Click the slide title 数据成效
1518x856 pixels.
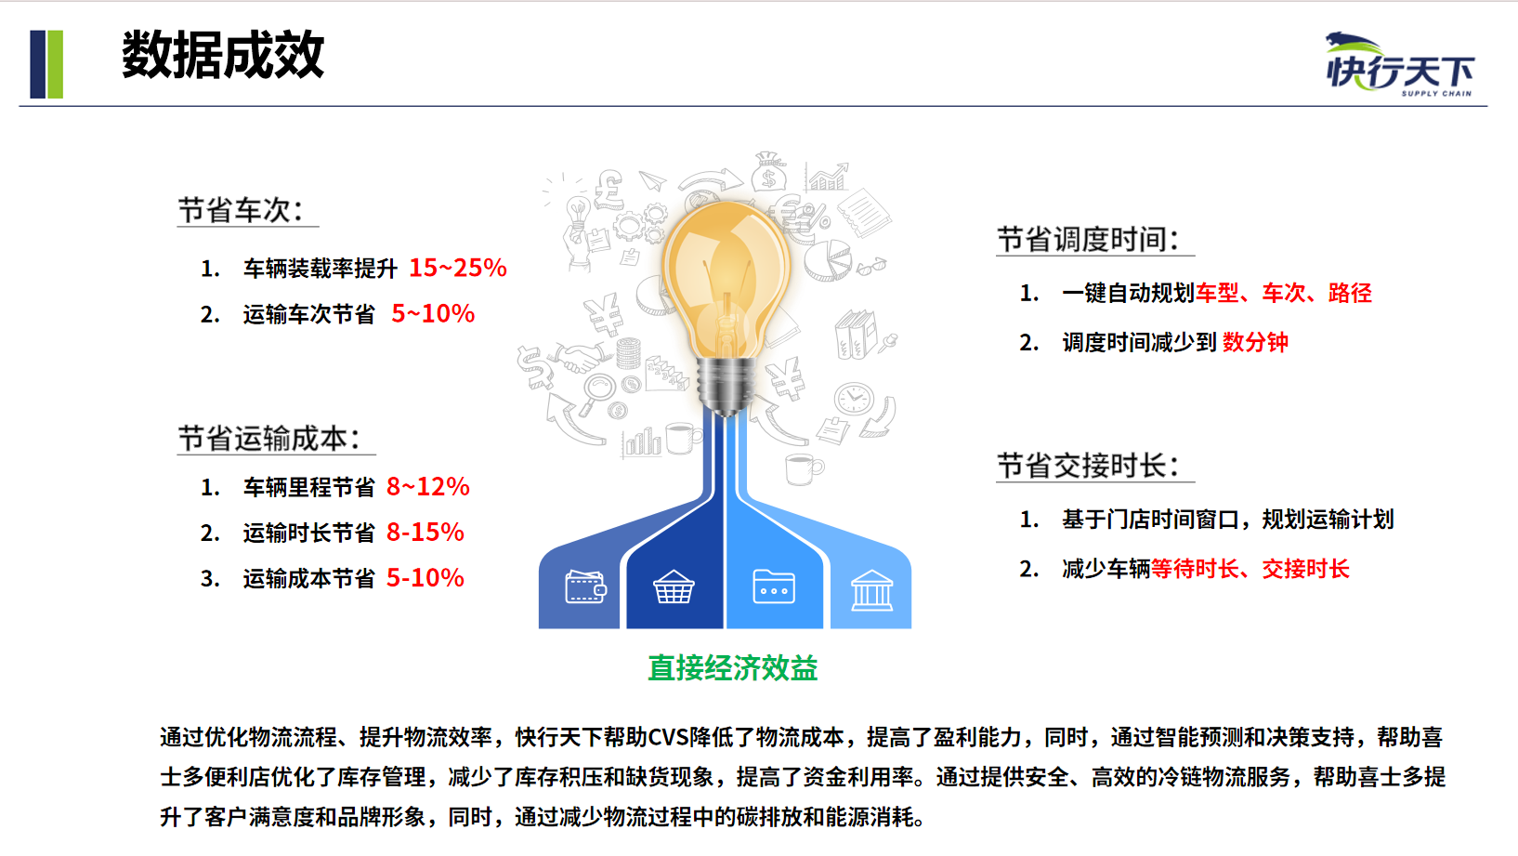[223, 55]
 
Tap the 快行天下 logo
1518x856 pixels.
[1400, 64]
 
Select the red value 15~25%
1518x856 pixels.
[457, 268]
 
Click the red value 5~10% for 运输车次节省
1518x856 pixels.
[433, 314]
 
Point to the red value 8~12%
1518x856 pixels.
[427, 487]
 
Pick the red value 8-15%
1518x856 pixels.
[425, 532]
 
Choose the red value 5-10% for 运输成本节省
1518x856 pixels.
[425, 577]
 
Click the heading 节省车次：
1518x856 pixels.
[241, 210]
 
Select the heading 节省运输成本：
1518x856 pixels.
[269, 439]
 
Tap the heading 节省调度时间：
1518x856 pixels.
[1089, 239]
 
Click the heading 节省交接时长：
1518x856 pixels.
[1089, 466]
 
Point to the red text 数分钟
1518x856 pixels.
[1255, 342]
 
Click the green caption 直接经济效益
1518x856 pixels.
[733, 668]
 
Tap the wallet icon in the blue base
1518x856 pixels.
[585, 586]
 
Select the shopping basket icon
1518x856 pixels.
[674, 586]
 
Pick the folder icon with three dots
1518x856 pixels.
[774, 586]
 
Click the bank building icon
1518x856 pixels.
[871, 589]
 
